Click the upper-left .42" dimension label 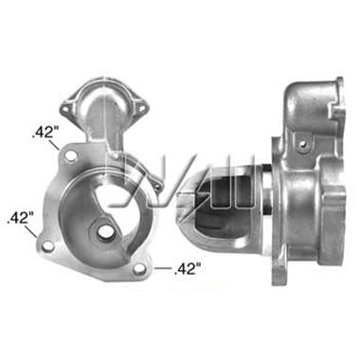coord(44,133)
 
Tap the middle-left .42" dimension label coord(20,218)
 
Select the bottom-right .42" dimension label coord(188,269)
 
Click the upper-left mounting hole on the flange coord(71,155)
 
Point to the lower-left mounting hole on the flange coord(47,246)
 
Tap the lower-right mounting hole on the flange coord(138,269)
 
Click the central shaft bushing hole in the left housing coord(104,232)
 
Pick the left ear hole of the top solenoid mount coord(65,110)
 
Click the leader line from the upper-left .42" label coord(54,144)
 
